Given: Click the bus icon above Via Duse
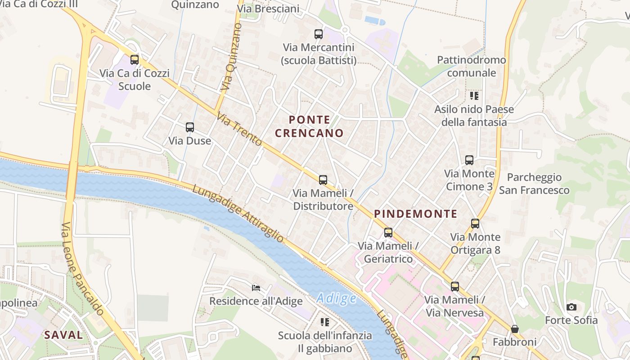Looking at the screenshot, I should click(190, 127).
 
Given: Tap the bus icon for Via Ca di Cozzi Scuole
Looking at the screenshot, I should click(135, 60).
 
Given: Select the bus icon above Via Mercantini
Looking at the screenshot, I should click(319, 34).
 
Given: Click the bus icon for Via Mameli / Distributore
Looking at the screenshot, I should click(323, 180).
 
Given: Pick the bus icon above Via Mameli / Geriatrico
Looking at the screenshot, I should click(388, 233).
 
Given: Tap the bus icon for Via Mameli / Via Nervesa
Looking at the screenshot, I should click(455, 286).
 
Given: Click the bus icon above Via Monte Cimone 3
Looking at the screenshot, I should click(469, 160).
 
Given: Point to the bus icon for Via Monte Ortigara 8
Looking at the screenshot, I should click(475, 224).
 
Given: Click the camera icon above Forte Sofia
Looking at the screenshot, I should click(571, 307).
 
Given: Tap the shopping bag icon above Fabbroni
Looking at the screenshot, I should click(515, 329).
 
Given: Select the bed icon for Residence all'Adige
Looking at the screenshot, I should click(256, 288).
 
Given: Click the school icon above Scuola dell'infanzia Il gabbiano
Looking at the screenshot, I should click(325, 322).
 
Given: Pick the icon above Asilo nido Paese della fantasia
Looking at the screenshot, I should click(474, 96).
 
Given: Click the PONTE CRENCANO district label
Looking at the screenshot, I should click(309, 126).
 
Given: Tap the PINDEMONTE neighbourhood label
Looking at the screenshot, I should click(415, 214).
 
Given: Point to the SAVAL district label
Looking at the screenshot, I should click(63, 335).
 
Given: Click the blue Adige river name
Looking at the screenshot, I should click(336, 298).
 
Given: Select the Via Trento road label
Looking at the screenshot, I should click(239, 129).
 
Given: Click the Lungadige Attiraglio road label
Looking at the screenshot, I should click(238, 213).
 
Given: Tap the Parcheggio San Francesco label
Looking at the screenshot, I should click(534, 184).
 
